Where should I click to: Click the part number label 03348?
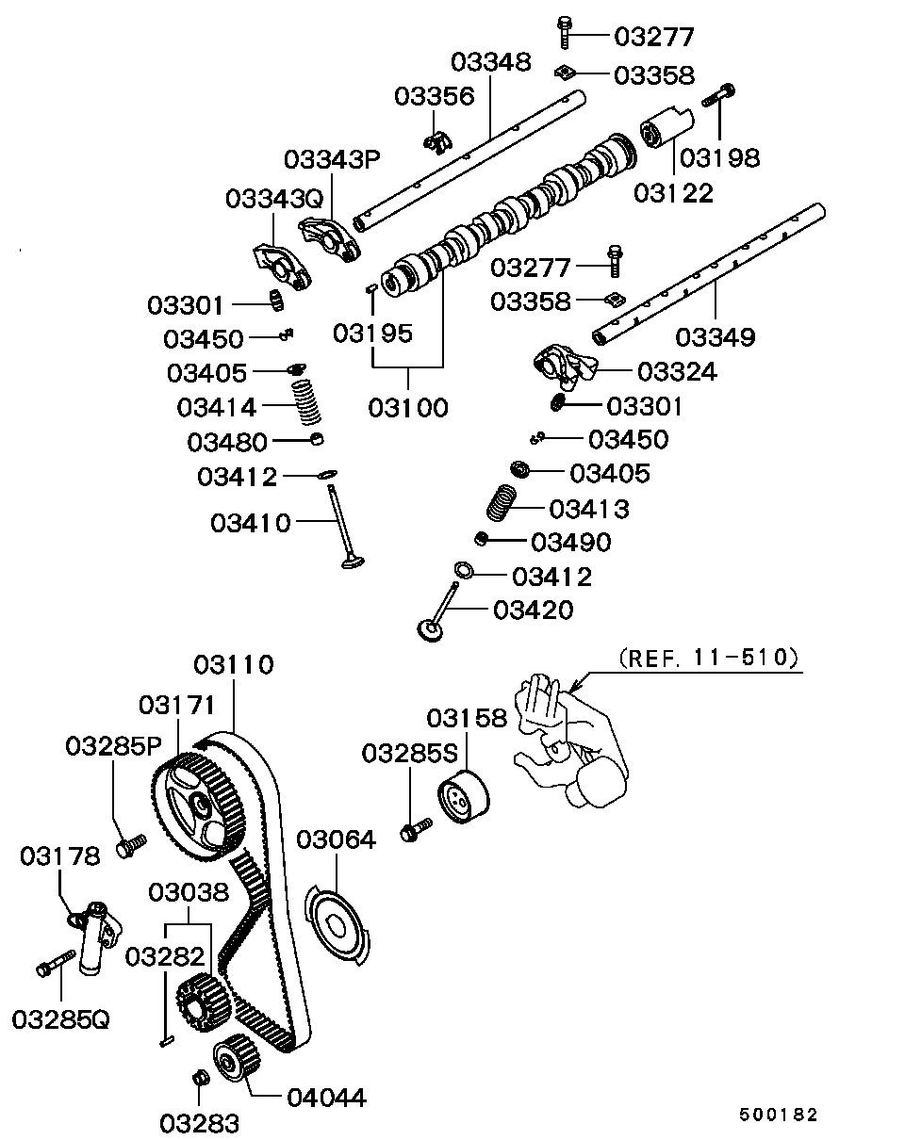[490, 62]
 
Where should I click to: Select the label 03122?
[673, 192]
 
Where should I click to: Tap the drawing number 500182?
[778, 1115]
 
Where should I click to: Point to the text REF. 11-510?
[710, 658]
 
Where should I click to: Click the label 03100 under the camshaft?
[408, 407]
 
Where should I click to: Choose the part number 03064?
[336, 839]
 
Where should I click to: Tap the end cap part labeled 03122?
[665, 131]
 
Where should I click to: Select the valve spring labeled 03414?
[304, 401]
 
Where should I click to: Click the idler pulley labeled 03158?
[463, 798]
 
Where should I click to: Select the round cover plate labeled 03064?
[337, 922]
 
